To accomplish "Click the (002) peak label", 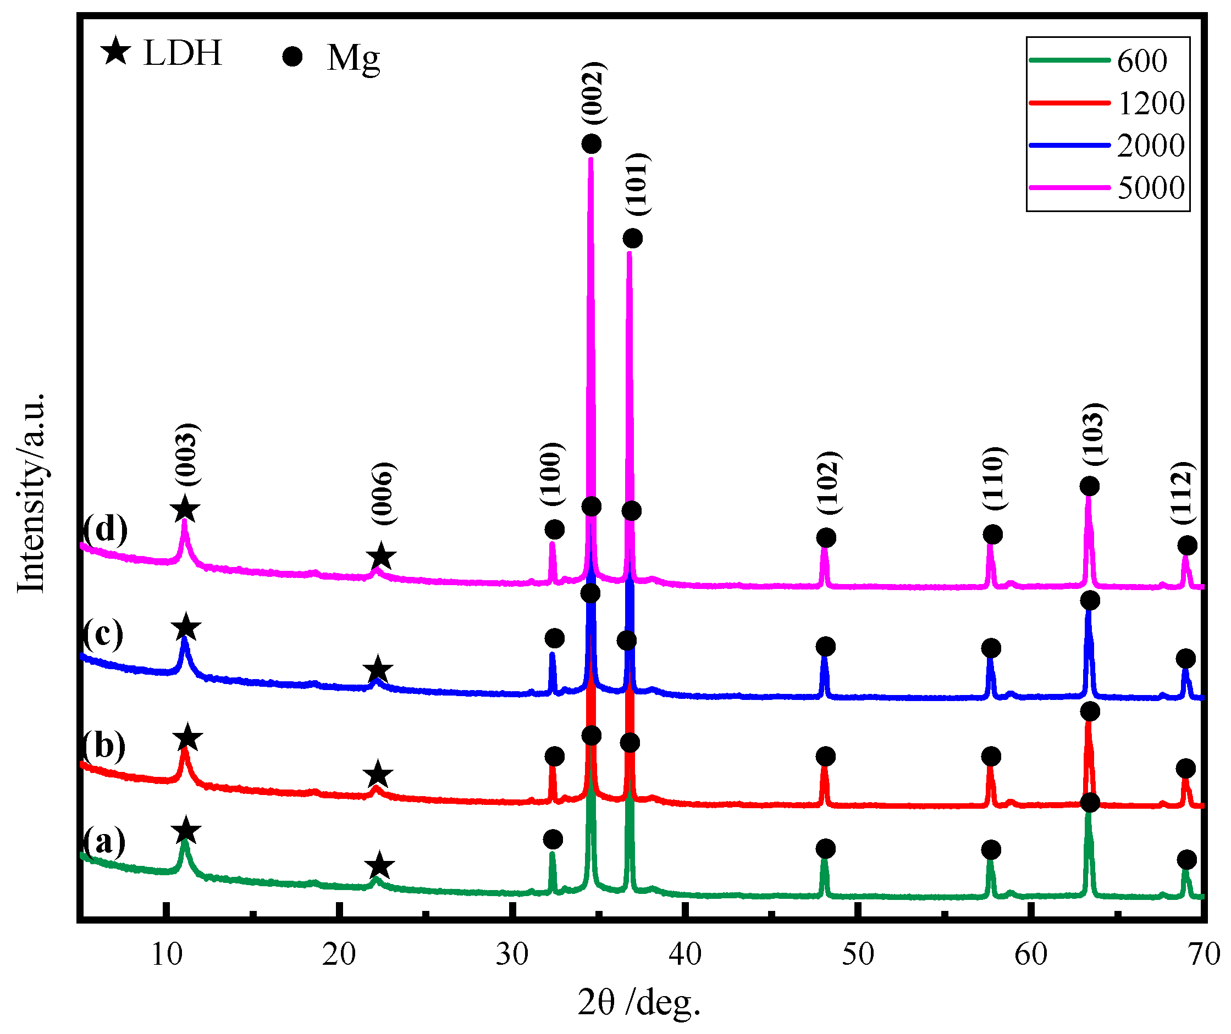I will [593, 93].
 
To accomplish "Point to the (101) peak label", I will [637, 185].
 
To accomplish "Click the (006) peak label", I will [384, 494].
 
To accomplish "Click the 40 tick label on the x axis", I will [684, 954].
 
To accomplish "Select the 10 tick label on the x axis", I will [167, 954].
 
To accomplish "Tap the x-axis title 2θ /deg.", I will [639, 1003].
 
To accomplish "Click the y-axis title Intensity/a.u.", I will [30, 493].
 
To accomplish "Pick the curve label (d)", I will [104, 529].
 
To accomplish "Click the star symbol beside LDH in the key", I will [115, 51].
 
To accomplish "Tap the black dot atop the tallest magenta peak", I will [591, 143].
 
